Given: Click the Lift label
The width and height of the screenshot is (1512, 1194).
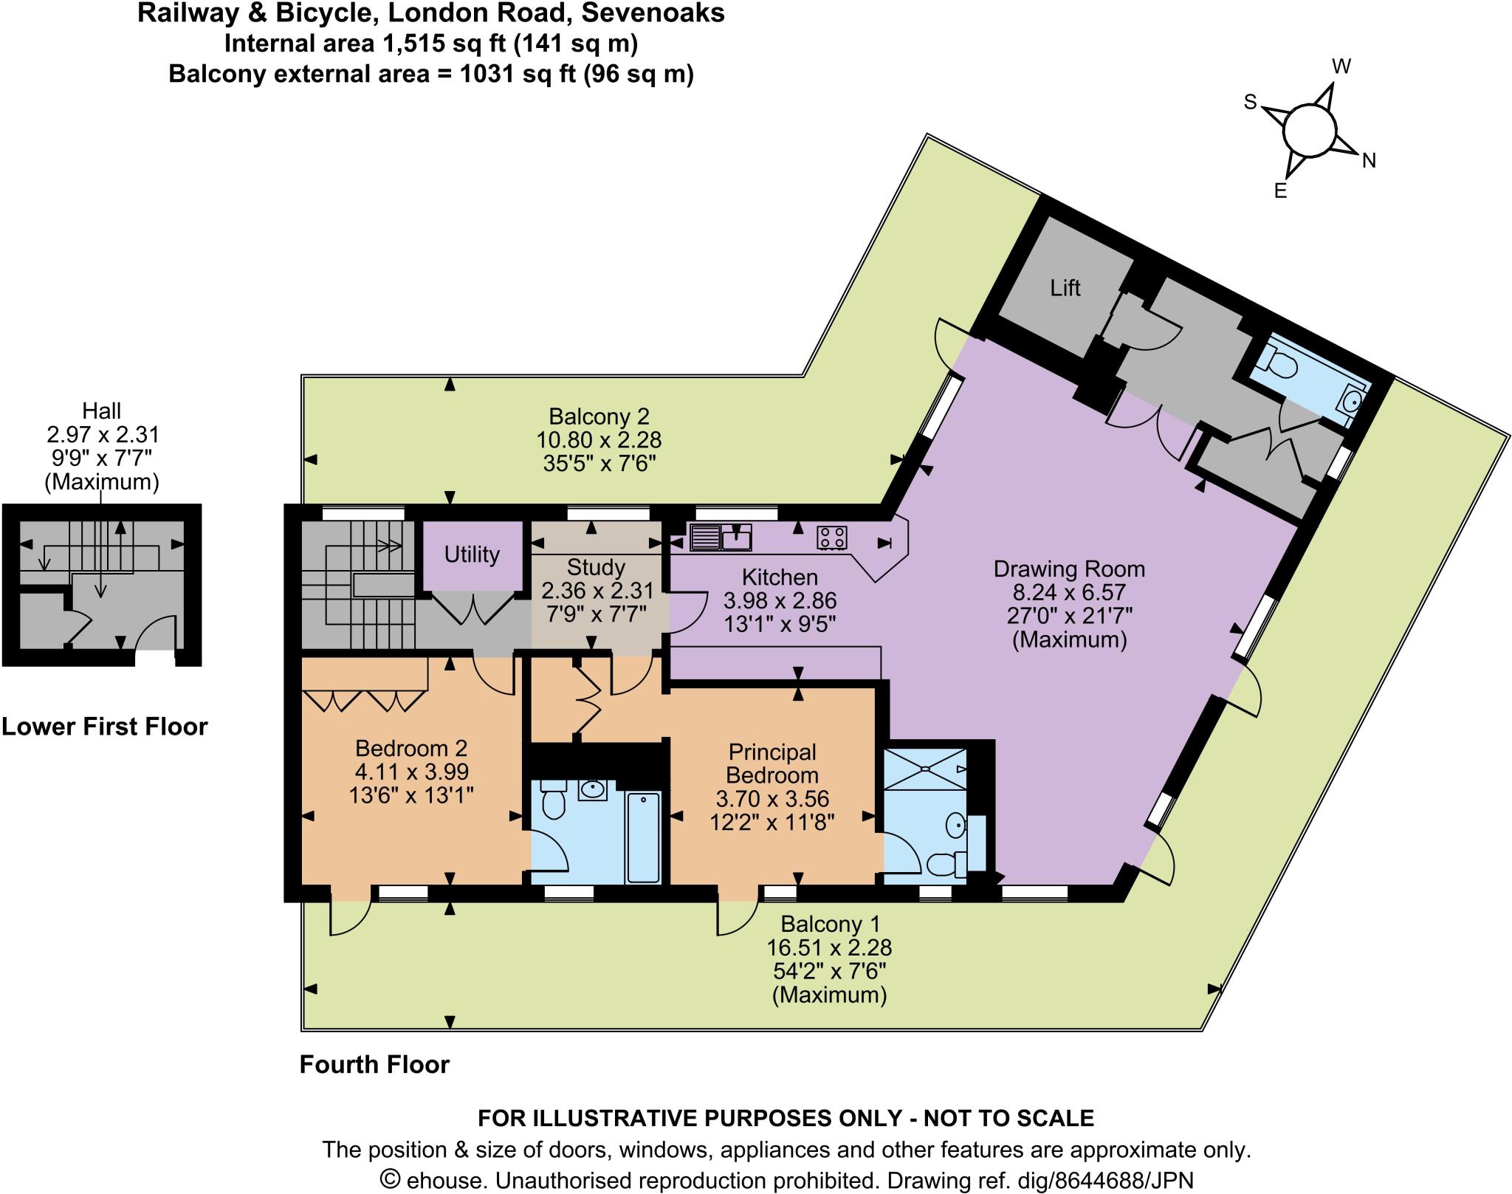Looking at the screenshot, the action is (1065, 288).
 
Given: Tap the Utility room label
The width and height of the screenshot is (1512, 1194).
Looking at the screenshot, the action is (472, 554).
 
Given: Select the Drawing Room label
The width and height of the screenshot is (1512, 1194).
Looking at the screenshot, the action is (1069, 569).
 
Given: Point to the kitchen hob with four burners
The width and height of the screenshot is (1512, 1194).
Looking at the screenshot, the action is (831, 538).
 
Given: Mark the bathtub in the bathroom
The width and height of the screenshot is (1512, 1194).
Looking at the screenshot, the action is (644, 837).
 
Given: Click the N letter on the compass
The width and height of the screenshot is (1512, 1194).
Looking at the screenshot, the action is (1369, 160).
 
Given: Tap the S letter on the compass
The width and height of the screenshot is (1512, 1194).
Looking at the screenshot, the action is (1250, 103).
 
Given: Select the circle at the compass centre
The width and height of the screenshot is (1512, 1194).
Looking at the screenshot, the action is (1310, 131).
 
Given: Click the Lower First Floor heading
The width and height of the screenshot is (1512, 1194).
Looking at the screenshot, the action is (105, 727).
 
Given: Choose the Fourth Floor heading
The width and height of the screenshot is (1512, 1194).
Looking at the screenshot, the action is (374, 1064).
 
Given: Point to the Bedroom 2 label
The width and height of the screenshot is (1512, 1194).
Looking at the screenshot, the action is (411, 748).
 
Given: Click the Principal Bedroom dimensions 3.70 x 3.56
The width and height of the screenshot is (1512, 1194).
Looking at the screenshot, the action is (772, 798).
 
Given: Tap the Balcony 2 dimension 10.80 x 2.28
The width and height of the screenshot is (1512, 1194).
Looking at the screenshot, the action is (598, 440).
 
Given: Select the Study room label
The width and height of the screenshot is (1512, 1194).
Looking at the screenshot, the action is (596, 567).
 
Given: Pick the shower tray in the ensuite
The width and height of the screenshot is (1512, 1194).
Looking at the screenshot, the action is (925, 769).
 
